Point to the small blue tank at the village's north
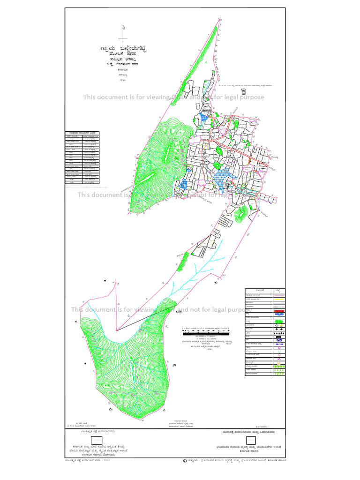pyautogui.click(x=203, y=117)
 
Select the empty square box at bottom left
pyautogui.click(x=97, y=440)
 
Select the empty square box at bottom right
pyautogui.click(x=251, y=440)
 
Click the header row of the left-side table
pyautogui.click(x=82, y=133)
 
